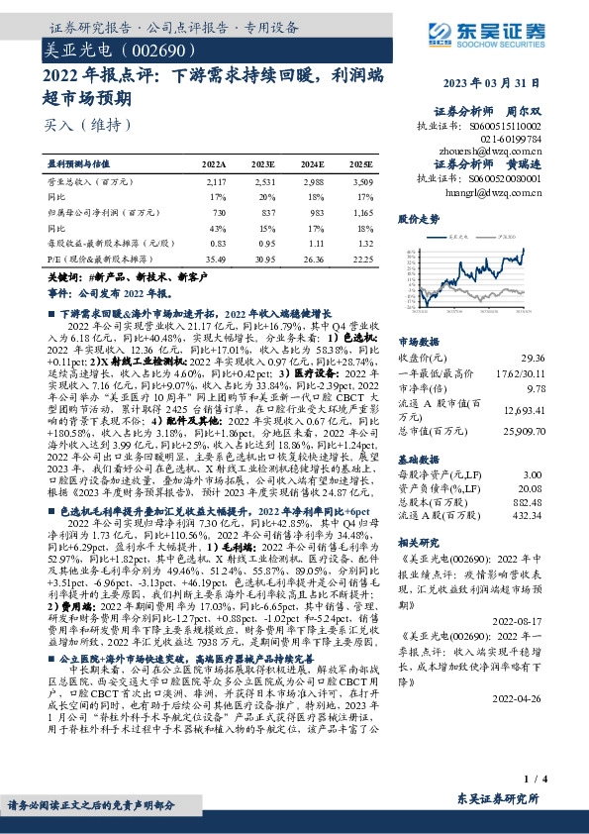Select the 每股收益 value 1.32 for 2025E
coord(363,243)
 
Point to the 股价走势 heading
coord(418,217)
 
